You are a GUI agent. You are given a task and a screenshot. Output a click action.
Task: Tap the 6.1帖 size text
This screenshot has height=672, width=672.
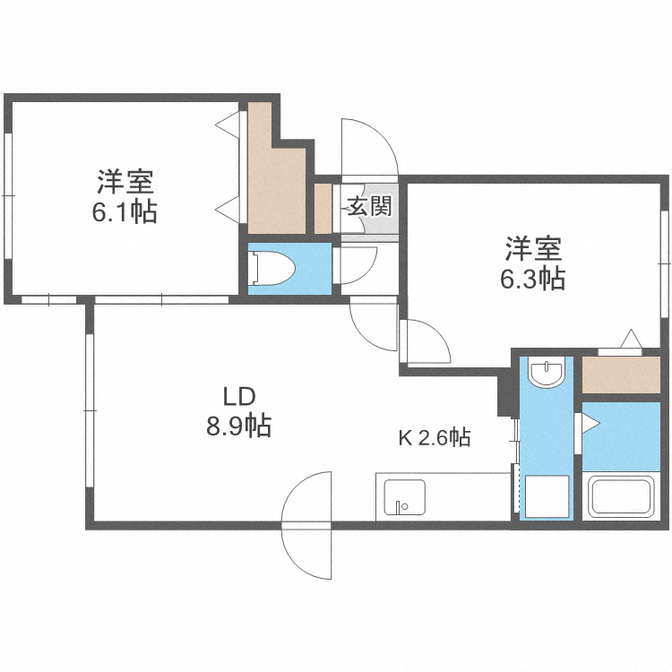point(125,213)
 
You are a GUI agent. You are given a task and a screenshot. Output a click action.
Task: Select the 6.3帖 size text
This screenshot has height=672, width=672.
point(532,279)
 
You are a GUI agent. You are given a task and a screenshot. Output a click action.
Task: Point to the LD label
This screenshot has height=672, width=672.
point(239,395)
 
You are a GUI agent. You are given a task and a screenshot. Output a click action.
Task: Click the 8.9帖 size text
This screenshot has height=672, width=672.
point(239,426)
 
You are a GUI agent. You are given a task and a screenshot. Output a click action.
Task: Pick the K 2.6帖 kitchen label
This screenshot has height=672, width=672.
point(435,438)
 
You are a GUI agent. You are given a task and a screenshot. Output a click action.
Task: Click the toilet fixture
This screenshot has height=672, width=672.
point(270,265)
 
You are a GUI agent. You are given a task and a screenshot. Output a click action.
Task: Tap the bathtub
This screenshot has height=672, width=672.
point(622,498)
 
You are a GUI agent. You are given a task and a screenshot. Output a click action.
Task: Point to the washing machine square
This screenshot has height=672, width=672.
point(546,495)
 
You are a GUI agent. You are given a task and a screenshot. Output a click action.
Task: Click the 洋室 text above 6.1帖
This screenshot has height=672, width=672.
point(125,184)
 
